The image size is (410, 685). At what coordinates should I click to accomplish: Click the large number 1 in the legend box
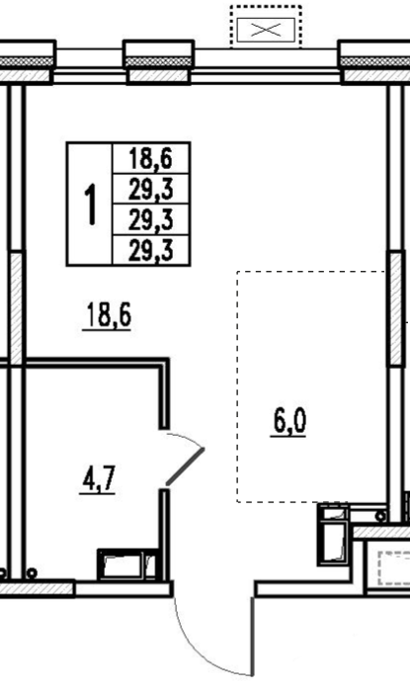[x=91, y=205]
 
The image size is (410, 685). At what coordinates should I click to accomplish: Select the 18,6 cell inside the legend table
[x=151, y=158]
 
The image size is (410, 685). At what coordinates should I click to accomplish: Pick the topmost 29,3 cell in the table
[x=151, y=189]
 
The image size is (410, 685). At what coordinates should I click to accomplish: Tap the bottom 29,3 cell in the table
[x=151, y=250]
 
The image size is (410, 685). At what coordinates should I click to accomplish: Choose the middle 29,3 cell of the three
[x=151, y=219]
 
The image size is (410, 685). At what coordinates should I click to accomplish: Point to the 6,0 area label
[x=289, y=422]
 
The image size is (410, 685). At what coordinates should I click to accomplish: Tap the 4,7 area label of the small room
[x=98, y=479]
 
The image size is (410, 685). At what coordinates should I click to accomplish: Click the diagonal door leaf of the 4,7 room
[x=185, y=467]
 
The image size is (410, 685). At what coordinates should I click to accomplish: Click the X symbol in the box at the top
[x=266, y=30]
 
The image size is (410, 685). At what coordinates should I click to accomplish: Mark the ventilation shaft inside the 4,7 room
[x=126, y=564]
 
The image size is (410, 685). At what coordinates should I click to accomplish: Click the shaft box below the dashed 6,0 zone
[x=334, y=534]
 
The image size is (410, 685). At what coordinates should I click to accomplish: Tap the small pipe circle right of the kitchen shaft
[x=380, y=516]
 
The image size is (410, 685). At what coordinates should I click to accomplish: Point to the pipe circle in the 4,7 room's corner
[x=32, y=572]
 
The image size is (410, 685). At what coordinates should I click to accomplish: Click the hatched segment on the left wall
[x=16, y=308]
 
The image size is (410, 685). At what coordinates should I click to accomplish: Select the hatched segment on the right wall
[x=396, y=308]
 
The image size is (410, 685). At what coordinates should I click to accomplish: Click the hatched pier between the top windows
[x=158, y=75]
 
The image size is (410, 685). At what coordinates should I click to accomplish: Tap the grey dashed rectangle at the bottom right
[x=394, y=567]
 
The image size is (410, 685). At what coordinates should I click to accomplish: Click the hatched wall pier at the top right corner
[x=376, y=75]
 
